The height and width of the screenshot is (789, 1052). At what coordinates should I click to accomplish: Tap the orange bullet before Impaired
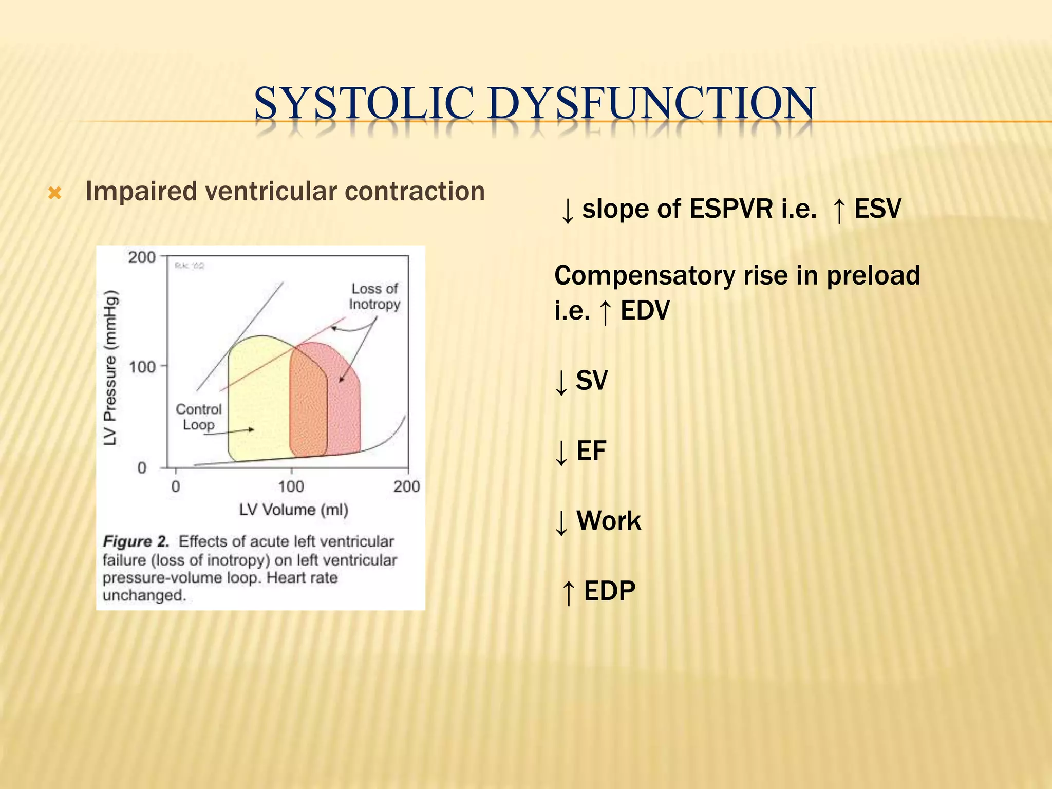pyautogui.click(x=55, y=194)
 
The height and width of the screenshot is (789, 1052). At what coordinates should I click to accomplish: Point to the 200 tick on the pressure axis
pyautogui.click(x=142, y=257)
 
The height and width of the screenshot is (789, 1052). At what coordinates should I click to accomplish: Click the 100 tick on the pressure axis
pyautogui.click(x=142, y=367)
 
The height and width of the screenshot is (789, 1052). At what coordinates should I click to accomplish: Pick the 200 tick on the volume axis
pyautogui.click(x=406, y=486)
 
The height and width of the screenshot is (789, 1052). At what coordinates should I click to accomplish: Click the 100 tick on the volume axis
pyautogui.click(x=291, y=486)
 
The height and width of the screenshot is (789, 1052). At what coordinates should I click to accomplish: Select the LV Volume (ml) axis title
pyautogui.click(x=293, y=510)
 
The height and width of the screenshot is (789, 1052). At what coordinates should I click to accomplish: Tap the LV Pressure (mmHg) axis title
pyautogui.click(x=110, y=368)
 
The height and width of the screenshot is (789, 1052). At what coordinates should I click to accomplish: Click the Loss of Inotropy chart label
pyautogui.click(x=374, y=296)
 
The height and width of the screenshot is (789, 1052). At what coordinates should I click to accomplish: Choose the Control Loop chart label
pyautogui.click(x=198, y=417)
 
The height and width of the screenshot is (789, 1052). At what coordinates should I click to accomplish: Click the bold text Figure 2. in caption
pyautogui.click(x=136, y=541)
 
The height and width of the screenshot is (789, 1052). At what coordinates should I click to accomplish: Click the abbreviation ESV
pyautogui.click(x=877, y=209)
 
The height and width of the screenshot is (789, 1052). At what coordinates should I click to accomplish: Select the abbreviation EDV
pyautogui.click(x=645, y=310)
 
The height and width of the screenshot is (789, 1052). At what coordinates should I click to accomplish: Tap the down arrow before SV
pyautogui.click(x=561, y=382)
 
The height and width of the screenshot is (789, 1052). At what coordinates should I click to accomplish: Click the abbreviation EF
pyautogui.click(x=591, y=451)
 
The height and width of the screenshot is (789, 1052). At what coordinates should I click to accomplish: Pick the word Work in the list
pyautogui.click(x=609, y=521)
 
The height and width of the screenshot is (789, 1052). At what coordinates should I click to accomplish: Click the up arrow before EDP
pyautogui.click(x=568, y=592)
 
